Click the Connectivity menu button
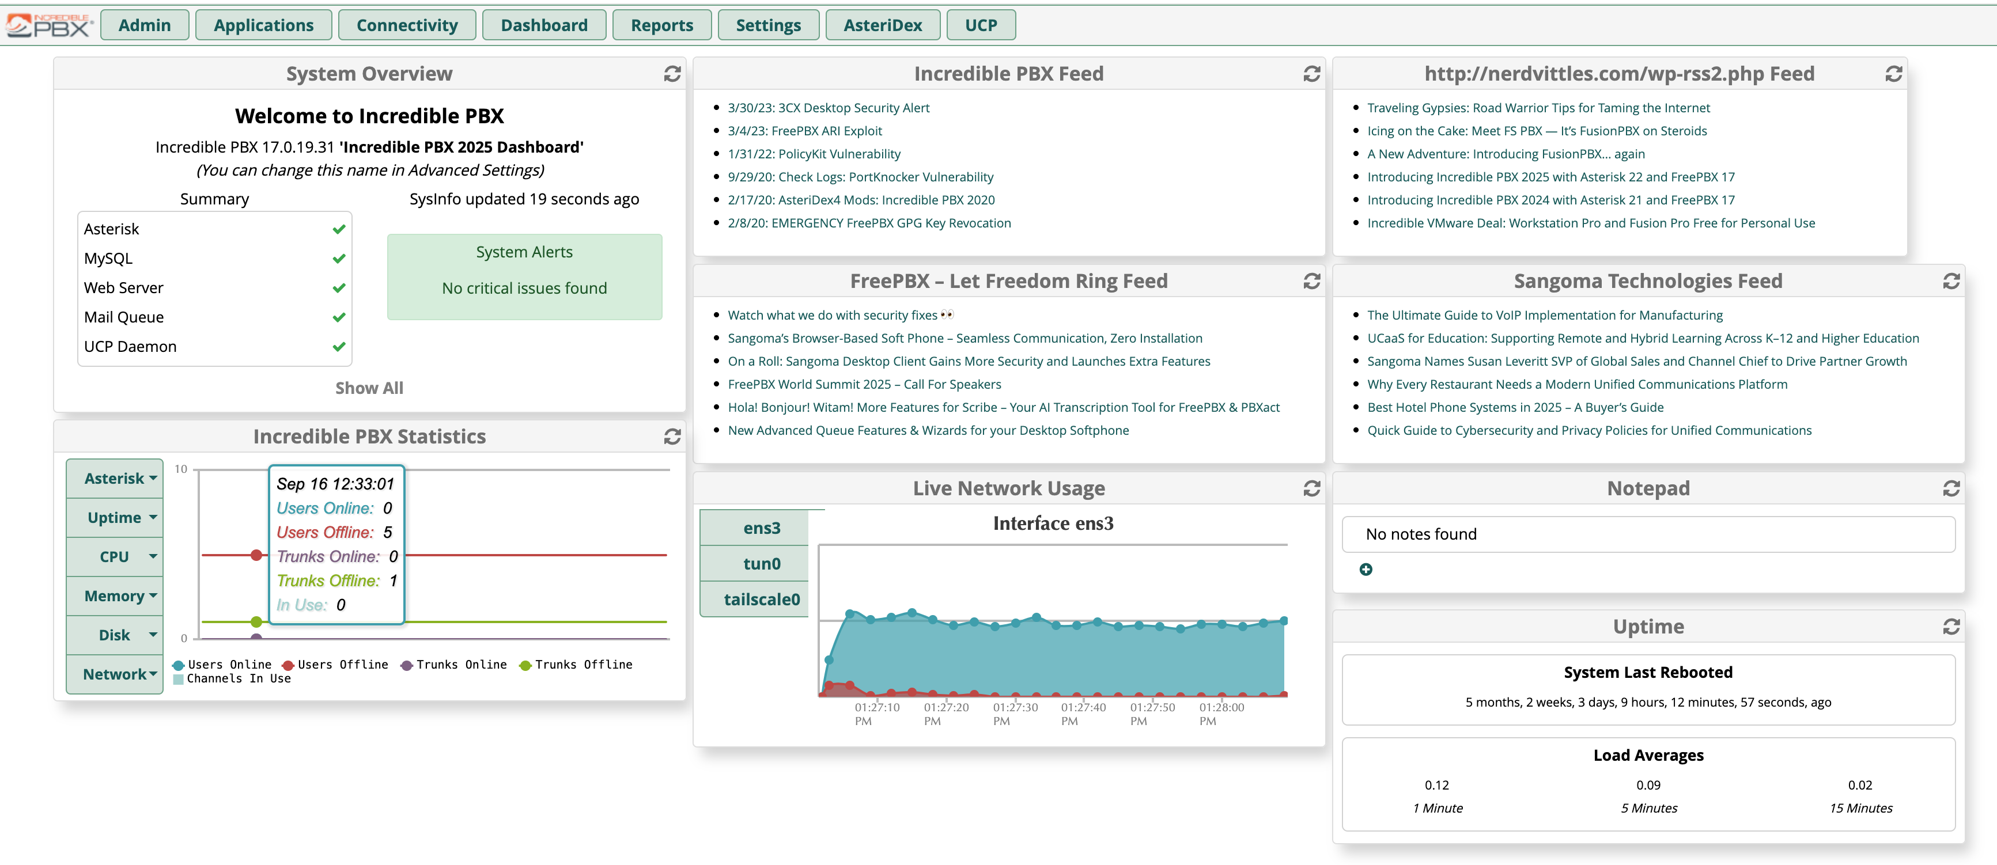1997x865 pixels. (407, 25)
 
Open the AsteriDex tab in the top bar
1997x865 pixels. (882, 25)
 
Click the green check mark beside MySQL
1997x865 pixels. (339, 258)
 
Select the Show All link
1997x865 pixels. (369, 388)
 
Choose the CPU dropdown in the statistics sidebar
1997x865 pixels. (115, 556)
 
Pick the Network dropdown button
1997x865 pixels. (115, 674)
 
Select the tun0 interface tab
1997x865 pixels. (761, 563)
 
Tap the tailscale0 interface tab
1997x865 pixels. (761, 599)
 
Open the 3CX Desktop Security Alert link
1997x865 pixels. (828, 108)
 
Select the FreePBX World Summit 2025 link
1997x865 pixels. (864, 384)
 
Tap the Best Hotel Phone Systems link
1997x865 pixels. (1515, 407)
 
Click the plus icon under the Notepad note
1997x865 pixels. (1366, 570)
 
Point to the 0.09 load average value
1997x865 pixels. (1648, 784)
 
